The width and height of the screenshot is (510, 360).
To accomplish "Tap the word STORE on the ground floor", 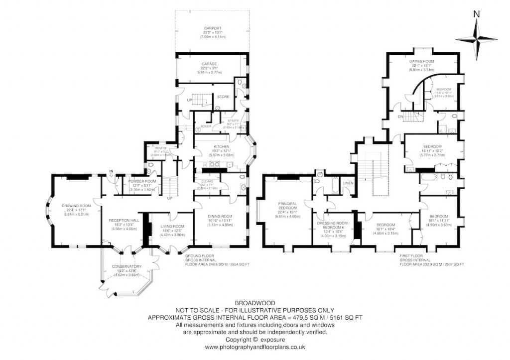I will [x=223, y=97].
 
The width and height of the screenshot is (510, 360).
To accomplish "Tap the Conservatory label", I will [x=126, y=266].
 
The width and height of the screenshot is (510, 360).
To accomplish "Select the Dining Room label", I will [x=221, y=216].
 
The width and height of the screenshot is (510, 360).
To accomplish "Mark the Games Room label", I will [x=422, y=61].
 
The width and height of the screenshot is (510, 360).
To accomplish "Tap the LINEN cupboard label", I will [x=348, y=184].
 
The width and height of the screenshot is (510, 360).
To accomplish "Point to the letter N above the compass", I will [x=476, y=14].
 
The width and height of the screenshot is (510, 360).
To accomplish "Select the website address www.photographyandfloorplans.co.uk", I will [x=255, y=347].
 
